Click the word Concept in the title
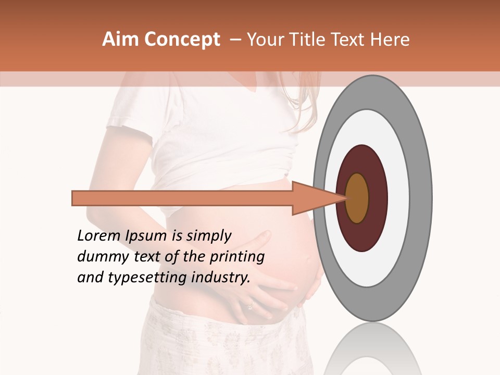coord(181,40)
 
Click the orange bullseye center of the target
coord(357,198)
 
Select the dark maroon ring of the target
coord(361,159)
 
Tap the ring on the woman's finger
coord(250,307)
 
